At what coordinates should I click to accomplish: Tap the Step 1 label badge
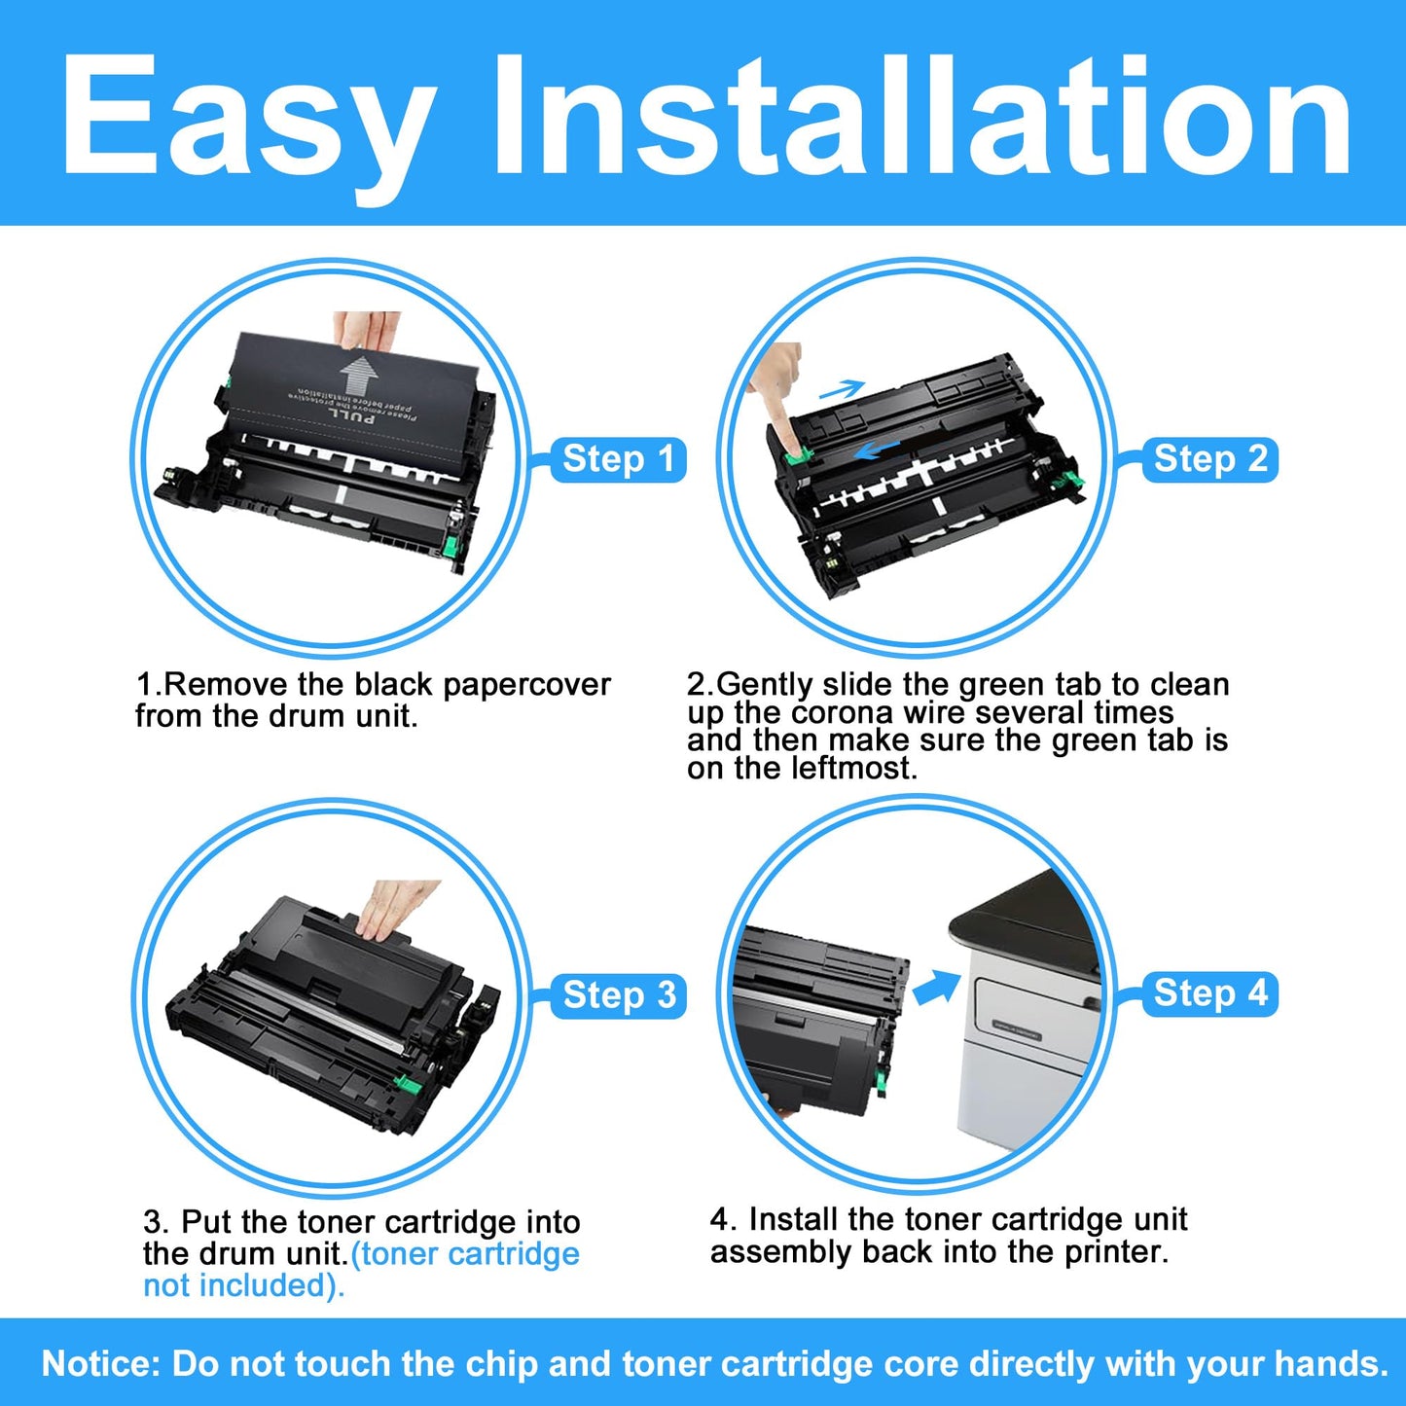(618, 459)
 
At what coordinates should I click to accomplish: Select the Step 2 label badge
(1209, 459)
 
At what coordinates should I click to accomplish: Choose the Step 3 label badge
(618, 995)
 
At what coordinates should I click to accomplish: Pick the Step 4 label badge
(1209, 993)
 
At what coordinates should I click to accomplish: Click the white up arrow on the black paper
(358, 377)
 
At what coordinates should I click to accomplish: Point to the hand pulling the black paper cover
(366, 331)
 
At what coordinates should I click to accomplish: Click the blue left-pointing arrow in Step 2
(877, 450)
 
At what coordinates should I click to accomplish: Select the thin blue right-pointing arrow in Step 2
(842, 389)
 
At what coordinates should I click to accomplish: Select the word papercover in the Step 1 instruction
(526, 684)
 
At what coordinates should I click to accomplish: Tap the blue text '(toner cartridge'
(465, 1253)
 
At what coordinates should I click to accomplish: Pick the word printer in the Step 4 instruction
(1116, 1252)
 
